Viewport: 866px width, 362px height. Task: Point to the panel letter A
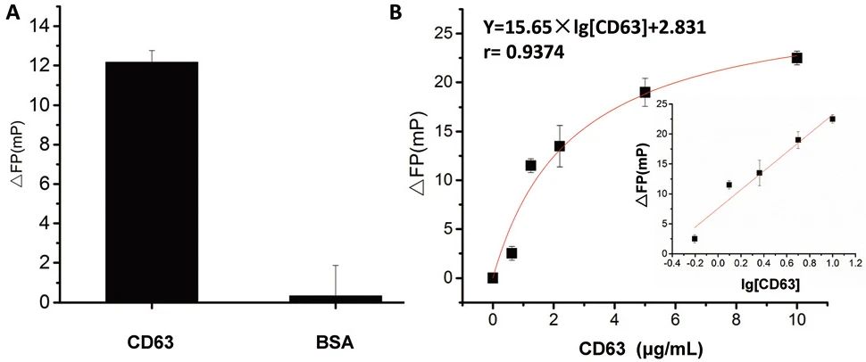click(12, 14)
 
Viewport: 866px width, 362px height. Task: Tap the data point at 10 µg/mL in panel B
click(797, 58)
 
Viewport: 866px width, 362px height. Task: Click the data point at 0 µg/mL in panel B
click(493, 277)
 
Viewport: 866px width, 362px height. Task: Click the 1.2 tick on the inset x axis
click(856, 266)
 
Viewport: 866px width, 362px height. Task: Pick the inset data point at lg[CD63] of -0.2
click(695, 238)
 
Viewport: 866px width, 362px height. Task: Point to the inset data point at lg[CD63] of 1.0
click(832, 119)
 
